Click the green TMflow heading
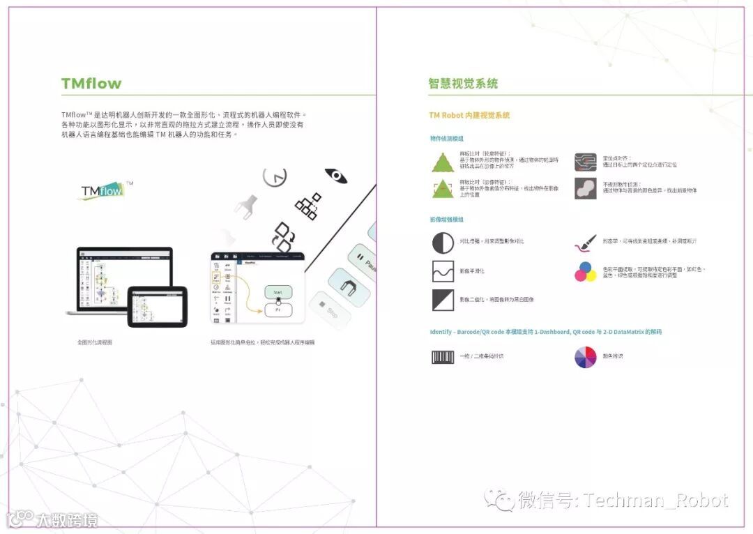[91, 84]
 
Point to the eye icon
[336, 176]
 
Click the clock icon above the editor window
[275, 176]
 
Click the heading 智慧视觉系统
[463, 84]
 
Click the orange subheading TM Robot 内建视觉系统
[469, 115]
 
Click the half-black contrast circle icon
[443, 243]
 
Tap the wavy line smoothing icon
[443, 271]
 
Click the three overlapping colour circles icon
[585, 271]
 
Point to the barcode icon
[443, 357]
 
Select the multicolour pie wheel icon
[585, 357]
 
